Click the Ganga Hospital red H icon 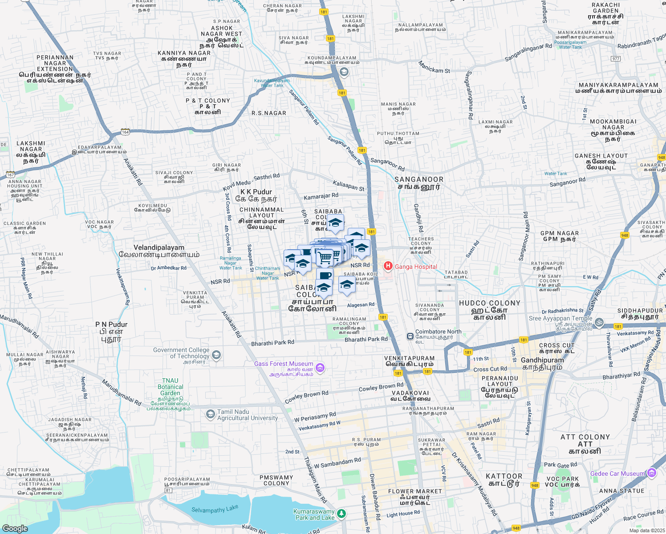(388, 266)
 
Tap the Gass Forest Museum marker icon (320, 368)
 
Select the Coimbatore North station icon (410, 336)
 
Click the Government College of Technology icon (216, 355)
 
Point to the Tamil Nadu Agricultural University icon (210, 415)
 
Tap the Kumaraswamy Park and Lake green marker (341, 514)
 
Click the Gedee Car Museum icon (652, 473)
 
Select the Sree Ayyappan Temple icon (599, 322)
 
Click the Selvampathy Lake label (215, 509)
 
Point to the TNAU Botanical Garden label (171, 387)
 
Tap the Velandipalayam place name (159, 247)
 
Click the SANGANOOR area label (419, 179)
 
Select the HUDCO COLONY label (490, 303)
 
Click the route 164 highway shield (126, 132)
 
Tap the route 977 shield (616, 59)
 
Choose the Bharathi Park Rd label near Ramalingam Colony (366, 339)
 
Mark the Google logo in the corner (15, 528)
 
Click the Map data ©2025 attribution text (646, 530)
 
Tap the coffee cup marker (325, 275)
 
